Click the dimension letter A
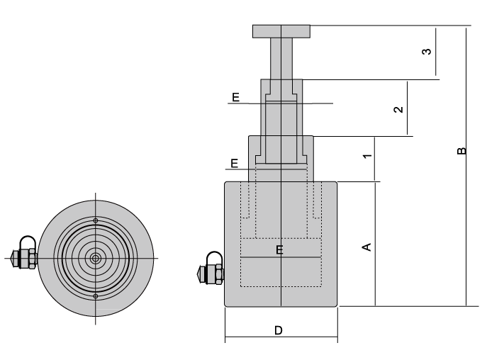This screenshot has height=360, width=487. (x=366, y=246)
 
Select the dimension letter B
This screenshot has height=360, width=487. (x=461, y=150)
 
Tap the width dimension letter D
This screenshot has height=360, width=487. (x=279, y=330)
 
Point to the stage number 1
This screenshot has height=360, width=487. (x=366, y=156)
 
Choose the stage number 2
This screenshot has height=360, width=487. (x=399, y=108)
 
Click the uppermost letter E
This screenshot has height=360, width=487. (x=235, y=96)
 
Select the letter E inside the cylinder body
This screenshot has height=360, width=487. (x=279, y=249)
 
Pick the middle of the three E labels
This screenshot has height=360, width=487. (x=235, y=163)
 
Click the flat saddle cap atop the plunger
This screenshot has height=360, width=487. (x=281, y=31)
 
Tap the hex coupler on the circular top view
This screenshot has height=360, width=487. (x=27, y=259)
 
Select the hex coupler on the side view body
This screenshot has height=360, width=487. (x=213, y=273)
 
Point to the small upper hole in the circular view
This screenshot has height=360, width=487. (x=95, y=218)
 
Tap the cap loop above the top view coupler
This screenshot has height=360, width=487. (x=28, y=242)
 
